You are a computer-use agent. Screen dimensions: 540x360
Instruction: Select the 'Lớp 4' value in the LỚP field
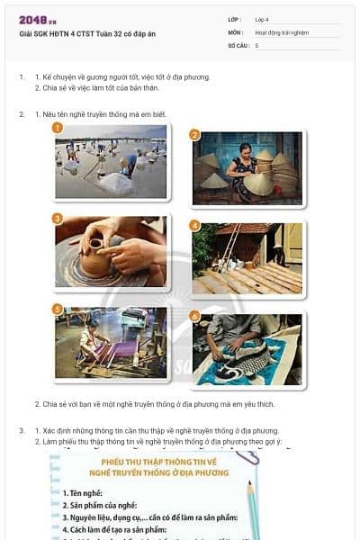[262, 19]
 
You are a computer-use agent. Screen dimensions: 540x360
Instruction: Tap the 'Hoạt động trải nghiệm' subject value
[282, 32]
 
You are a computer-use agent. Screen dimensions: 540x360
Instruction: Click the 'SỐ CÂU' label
[238, 45]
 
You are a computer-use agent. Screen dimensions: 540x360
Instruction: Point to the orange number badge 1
[57, 128]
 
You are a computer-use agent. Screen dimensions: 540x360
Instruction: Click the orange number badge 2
[194, 135]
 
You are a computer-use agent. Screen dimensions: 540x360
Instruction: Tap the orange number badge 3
[57, 219]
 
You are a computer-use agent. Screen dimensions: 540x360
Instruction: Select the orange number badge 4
[194, 225]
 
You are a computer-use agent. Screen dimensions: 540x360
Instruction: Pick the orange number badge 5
[57, 309]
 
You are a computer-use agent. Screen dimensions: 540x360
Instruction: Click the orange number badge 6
[194, 316]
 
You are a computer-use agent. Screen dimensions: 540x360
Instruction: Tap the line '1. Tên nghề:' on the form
[83, 493]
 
